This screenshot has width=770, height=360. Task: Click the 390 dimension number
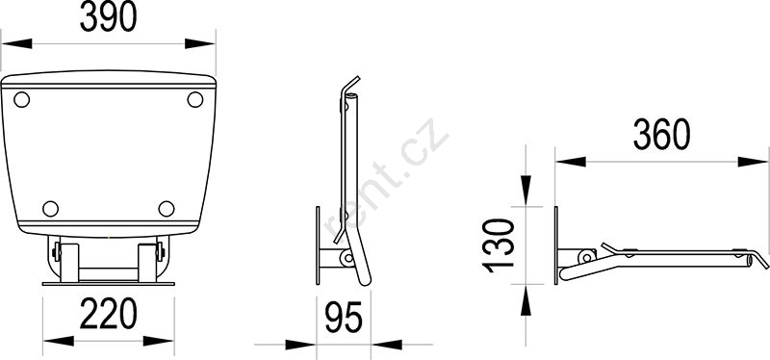[108, 17]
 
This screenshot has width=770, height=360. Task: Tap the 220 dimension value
[109, 314]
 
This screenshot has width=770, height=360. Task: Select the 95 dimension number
[344, 318]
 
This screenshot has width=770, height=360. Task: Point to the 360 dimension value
[662, 135]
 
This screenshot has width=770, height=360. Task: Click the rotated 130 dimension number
[499, 245]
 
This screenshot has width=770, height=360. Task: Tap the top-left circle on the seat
[21, 100]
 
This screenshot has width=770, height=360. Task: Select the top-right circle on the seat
[195, 100]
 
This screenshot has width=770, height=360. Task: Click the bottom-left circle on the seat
[51, 209]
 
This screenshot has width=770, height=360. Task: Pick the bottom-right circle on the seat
[167, 209]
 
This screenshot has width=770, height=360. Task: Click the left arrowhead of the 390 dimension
[16, 43]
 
